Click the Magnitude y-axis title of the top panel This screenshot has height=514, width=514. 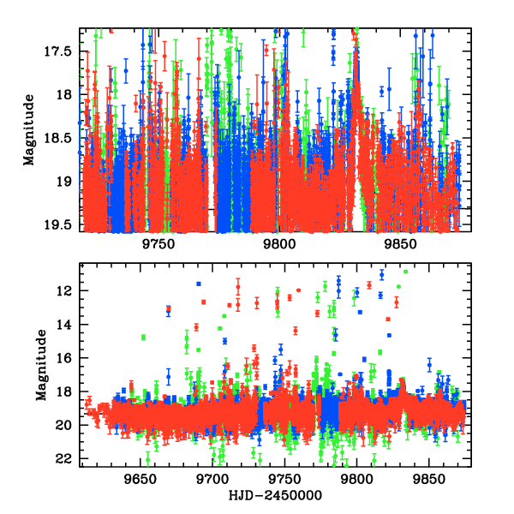[29, 128]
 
